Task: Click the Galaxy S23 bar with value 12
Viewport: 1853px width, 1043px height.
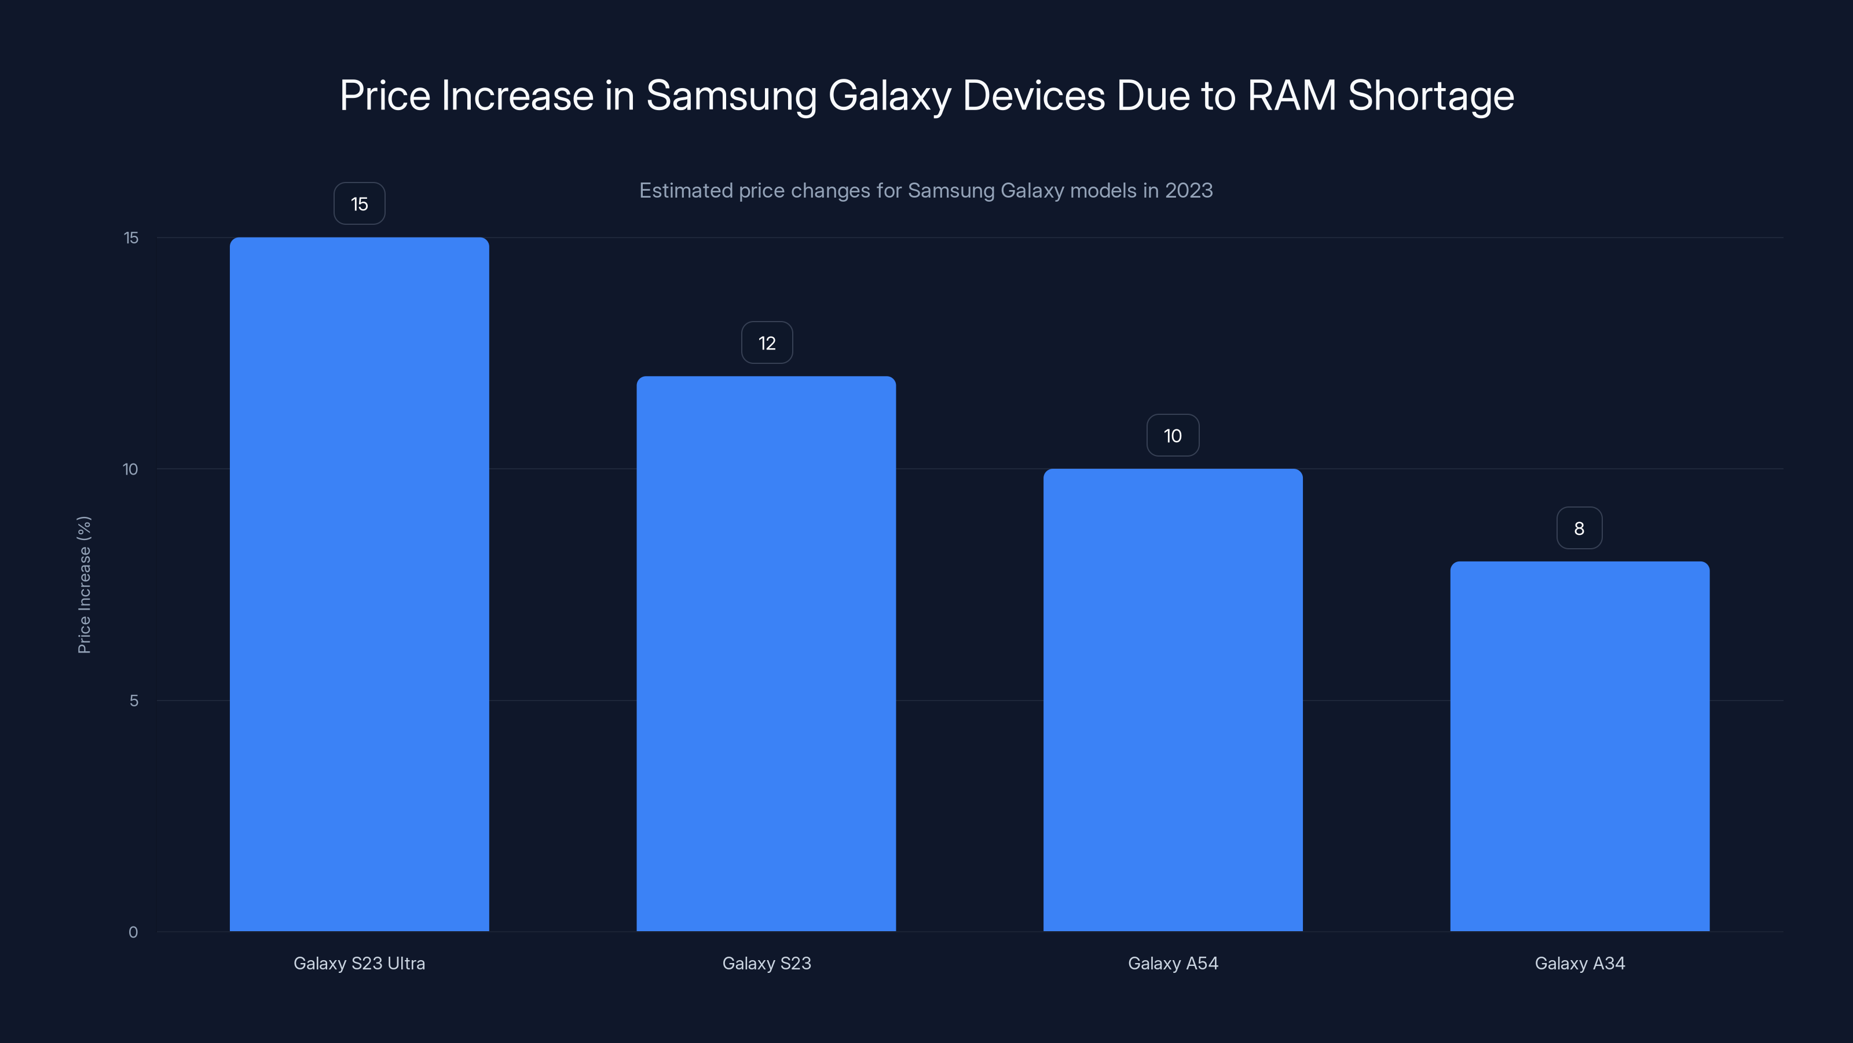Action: tap(766, 653)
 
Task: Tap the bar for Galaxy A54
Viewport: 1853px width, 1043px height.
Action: tap(1173, 699)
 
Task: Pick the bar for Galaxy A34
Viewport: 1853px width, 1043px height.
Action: tap(1579, 746)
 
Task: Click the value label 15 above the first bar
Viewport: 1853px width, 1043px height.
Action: tap(359, 204)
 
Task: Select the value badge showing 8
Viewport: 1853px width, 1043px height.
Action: tap(1579, 528)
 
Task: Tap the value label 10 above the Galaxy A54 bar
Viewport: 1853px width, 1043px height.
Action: tap(1173, 436)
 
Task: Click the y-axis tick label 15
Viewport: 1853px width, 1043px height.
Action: tap(131, 238)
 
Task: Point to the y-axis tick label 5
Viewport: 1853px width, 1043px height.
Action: tap(134, 701)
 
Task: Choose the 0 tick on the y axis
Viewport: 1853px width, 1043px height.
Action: tap(133, 932)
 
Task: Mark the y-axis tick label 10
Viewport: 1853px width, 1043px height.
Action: tap(130, 469)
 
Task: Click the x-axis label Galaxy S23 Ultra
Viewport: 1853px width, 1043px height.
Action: tap(359, 963)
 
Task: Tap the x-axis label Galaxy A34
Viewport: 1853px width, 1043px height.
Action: tap(1579, 963)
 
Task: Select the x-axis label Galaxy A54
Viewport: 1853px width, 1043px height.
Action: tap(1173, 963)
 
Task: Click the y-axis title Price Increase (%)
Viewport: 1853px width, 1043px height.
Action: tap(84, 585)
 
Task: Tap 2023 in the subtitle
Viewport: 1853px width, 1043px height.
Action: tap(1188, 190)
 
